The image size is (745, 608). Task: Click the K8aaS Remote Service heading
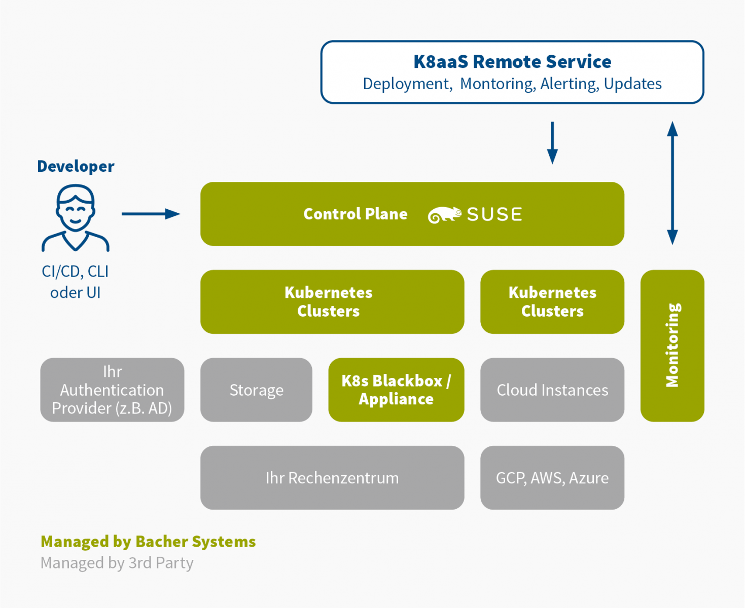(512, 61)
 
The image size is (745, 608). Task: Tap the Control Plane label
(355, 214)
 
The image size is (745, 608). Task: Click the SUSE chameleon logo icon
(444, 215)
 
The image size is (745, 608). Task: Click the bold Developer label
(76, 166)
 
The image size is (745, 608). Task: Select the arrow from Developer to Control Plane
(151, 214)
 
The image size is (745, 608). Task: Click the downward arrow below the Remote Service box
(553, 142)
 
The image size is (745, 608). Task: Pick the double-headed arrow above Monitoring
(672, 183)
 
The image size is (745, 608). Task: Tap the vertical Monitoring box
(672, 346)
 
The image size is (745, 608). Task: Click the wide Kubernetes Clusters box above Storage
(332, 301)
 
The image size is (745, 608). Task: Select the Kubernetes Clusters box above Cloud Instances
(552, 301)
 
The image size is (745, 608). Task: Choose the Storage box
(256, 390)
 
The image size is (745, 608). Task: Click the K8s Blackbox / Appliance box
(396, 390)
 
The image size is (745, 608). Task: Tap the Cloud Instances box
(552, 390)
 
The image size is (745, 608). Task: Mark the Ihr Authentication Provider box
(112, 390)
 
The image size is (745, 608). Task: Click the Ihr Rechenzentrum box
(332, 478)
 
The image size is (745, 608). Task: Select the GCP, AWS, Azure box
(552, 478)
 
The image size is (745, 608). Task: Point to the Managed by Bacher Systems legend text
(148, 542)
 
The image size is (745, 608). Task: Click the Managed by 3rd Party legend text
(117, 563)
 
